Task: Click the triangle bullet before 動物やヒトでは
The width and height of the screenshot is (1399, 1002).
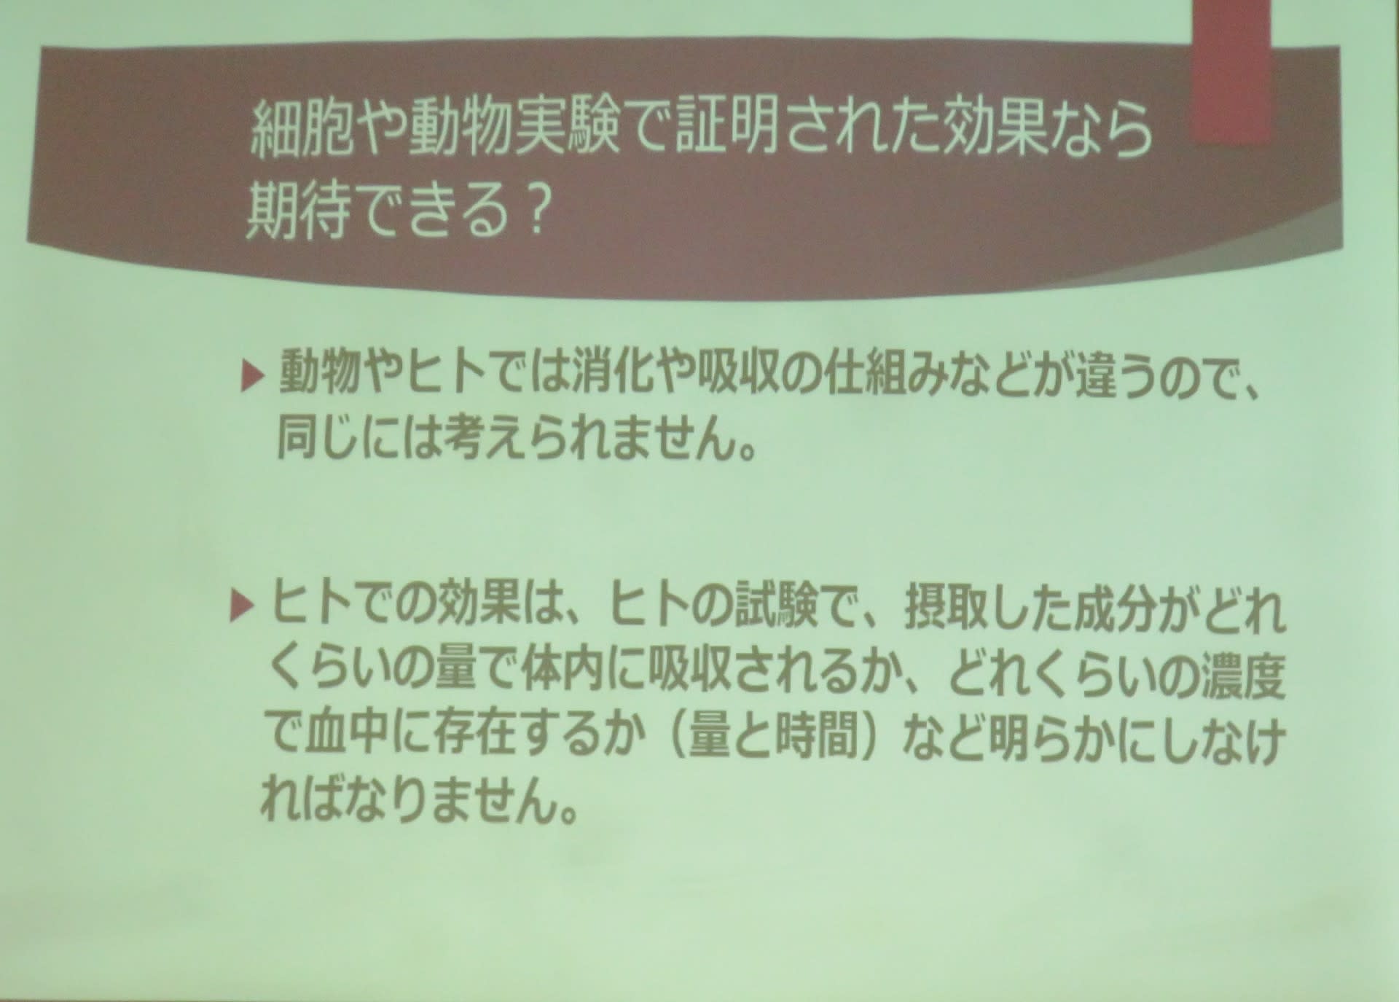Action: coord(251,377)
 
